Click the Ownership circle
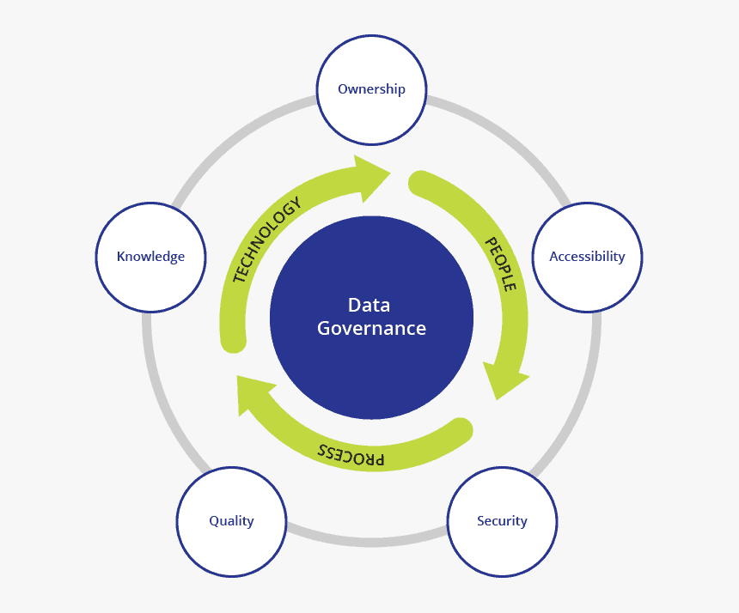(x=371, y=89)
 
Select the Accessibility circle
(x=587, y=257)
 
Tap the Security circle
(x=502, y=521)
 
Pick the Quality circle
(x=231, y=521)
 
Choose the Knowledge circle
(x=150, y=257)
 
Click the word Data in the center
(x=369, y=305)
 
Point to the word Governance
(x=371, y=328)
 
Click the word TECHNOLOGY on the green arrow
(x=266, y=240)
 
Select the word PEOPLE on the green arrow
(x=500, y=264)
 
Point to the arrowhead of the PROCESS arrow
(x=253, y=395)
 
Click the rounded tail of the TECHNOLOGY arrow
(x=233, y=341)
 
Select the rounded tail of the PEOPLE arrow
(x=421, y=182)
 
